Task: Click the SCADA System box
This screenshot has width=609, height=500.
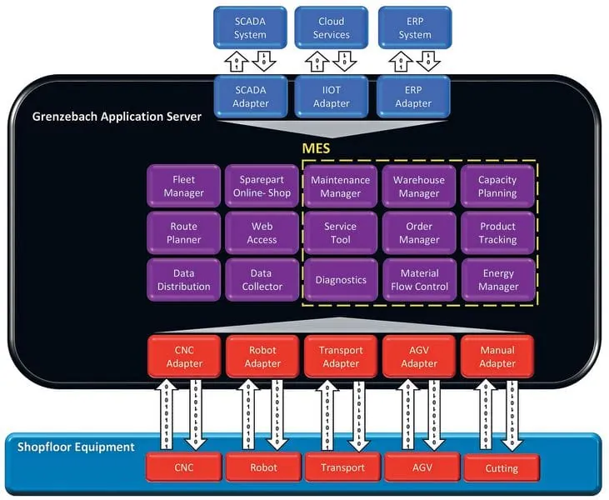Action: [250, 28]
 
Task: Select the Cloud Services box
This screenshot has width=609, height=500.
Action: [331, 28]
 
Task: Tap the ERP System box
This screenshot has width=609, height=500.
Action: [414, 28]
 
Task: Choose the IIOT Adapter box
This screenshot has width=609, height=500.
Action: [331, 97]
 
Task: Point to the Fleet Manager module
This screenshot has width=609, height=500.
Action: [183, 186]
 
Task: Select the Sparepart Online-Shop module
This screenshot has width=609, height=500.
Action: [262, 186]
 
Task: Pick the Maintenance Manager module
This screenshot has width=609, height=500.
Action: [340, 186]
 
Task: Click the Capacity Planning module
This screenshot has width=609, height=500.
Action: [497, 186]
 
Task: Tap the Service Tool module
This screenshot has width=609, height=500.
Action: [340, 232]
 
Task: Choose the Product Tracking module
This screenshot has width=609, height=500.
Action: [497, 232]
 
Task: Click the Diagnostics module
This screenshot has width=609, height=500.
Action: [340, 280]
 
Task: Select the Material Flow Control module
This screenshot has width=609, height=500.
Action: [419, 280]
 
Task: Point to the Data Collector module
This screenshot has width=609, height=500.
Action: [262, 280]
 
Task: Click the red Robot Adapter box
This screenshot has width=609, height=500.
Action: [262, 357]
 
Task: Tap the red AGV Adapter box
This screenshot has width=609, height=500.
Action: [419, 357]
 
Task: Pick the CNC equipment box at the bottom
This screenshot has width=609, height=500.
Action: [183, 467]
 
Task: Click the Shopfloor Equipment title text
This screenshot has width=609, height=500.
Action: [76, 447]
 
